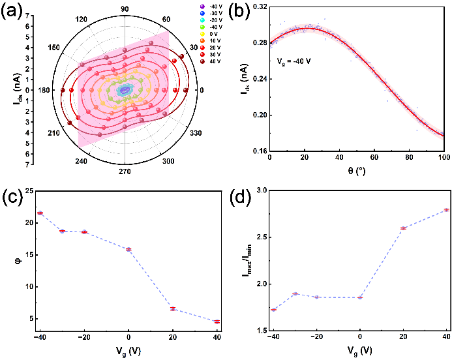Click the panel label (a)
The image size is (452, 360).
coord(15,12)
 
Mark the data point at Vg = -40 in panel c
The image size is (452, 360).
coord(40,213)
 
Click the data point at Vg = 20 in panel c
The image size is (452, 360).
coord(173,308)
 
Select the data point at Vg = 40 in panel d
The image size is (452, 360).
coord(447,210)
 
